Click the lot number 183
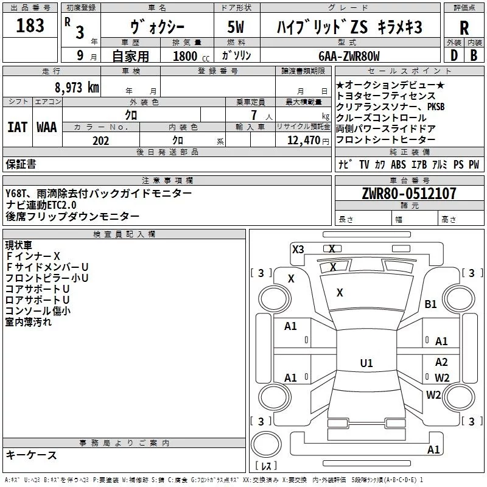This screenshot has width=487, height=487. (30, 26)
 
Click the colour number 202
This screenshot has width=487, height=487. (100, 141)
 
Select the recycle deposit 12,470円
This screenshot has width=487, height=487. (303, 141)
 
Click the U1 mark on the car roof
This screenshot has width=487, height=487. (366, 363)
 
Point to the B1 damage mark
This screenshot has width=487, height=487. (431, 304)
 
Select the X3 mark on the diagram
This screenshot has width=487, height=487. (298, 249)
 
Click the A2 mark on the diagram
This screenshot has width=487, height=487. (441, 362)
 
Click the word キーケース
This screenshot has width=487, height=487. (31, 455)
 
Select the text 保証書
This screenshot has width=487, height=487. (21, 164)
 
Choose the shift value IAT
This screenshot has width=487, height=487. (17, 127)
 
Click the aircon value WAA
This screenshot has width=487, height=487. (47, 127)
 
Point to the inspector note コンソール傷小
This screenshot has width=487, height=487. (38, 311)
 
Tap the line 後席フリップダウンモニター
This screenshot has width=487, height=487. (72, 216)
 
